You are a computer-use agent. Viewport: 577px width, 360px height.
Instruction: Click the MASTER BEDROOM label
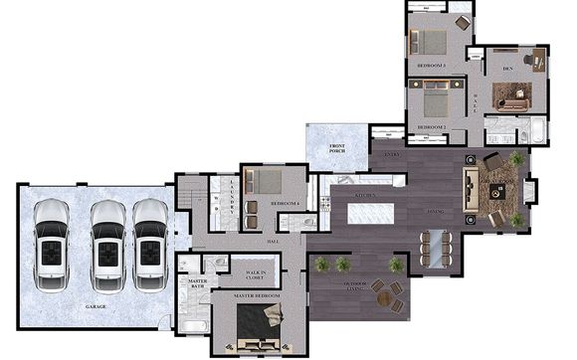click(257, 296)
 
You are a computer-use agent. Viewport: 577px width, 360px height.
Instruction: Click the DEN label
click(506, 68)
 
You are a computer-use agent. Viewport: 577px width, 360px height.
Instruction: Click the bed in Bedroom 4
click(265, 182)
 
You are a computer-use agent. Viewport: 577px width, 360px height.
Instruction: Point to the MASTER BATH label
click(195, 285)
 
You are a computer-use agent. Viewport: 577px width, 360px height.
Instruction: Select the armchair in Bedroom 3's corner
click(463, 22)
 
